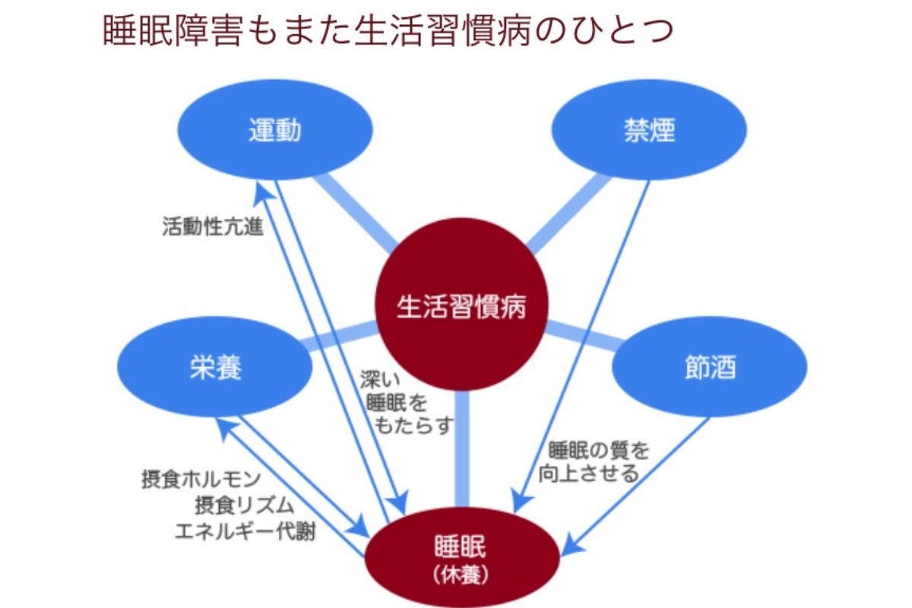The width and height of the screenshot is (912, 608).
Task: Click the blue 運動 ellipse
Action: (274, 131)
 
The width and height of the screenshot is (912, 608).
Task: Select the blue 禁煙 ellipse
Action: (648, 131)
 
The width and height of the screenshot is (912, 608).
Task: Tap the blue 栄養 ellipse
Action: (215, 368)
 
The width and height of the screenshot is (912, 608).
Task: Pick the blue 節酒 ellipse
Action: (710, 368)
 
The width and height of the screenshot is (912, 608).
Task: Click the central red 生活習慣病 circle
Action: (461, 308)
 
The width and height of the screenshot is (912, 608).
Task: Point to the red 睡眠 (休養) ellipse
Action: (464, 555)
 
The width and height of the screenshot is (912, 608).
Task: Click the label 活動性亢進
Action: (213, 226)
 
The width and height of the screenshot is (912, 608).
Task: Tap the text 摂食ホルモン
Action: (201, 480)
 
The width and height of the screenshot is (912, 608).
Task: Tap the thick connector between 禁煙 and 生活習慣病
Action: (570, 213)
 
